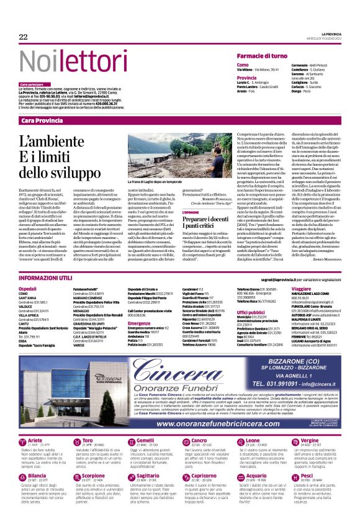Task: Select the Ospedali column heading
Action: click(x=28, y=289)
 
